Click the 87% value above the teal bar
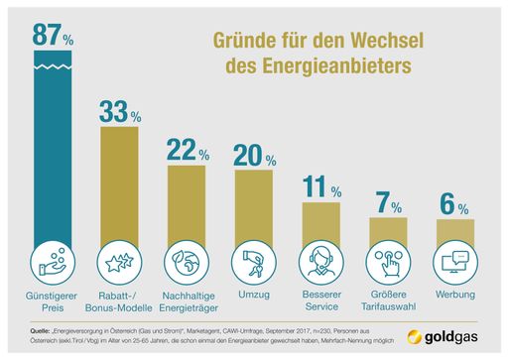(54, 36)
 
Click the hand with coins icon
(54, 264)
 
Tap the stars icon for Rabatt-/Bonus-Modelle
(120, 264)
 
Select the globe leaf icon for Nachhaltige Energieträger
(187, 264)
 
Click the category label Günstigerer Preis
(54, 301)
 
